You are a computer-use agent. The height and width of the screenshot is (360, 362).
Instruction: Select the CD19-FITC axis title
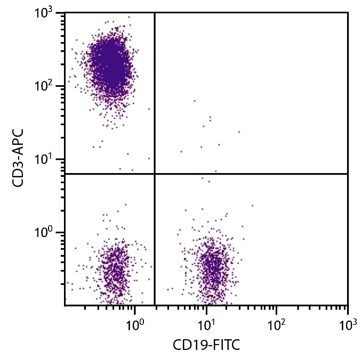click(x=206, y=346)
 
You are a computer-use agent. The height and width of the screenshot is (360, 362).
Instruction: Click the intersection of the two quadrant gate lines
click(x=155, y=174)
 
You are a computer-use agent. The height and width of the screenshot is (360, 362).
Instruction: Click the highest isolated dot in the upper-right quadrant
click(x=195, y=101)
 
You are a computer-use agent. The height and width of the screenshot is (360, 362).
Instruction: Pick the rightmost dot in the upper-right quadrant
click(x=239, y=132)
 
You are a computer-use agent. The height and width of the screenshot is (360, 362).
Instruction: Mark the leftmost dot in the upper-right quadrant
click(x=181, y=151)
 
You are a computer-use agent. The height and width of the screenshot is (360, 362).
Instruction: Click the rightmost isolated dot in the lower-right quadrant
click(x=252, y=205)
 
